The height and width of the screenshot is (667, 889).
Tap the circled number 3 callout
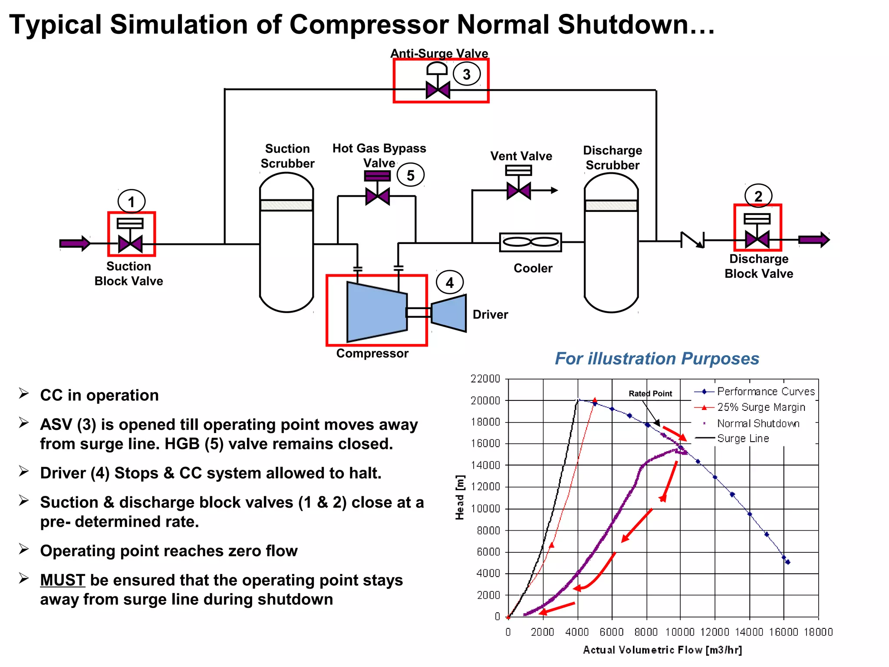tap(467, 74)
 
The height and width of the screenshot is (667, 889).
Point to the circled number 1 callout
tap(132, 201)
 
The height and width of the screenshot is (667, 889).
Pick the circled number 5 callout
tap(410, 175)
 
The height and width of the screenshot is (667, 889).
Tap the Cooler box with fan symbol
tap(530, 242)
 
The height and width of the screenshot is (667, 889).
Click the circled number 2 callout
tap(758, 196)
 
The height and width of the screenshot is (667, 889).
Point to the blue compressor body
tap(376, 312)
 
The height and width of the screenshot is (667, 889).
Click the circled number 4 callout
tap(450, 283)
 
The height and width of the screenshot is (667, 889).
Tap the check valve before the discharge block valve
tap(692, 240)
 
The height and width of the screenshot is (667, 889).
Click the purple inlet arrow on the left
tap(75, 243)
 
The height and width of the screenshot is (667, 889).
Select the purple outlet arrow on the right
tap(814, 239)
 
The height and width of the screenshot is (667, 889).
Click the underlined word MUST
tap(63, 580)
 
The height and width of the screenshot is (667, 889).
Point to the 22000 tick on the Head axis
tap(485, 379)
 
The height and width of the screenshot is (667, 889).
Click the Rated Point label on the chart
tap(650, 393)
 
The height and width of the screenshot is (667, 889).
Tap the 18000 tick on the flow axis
tap(818, 632)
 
